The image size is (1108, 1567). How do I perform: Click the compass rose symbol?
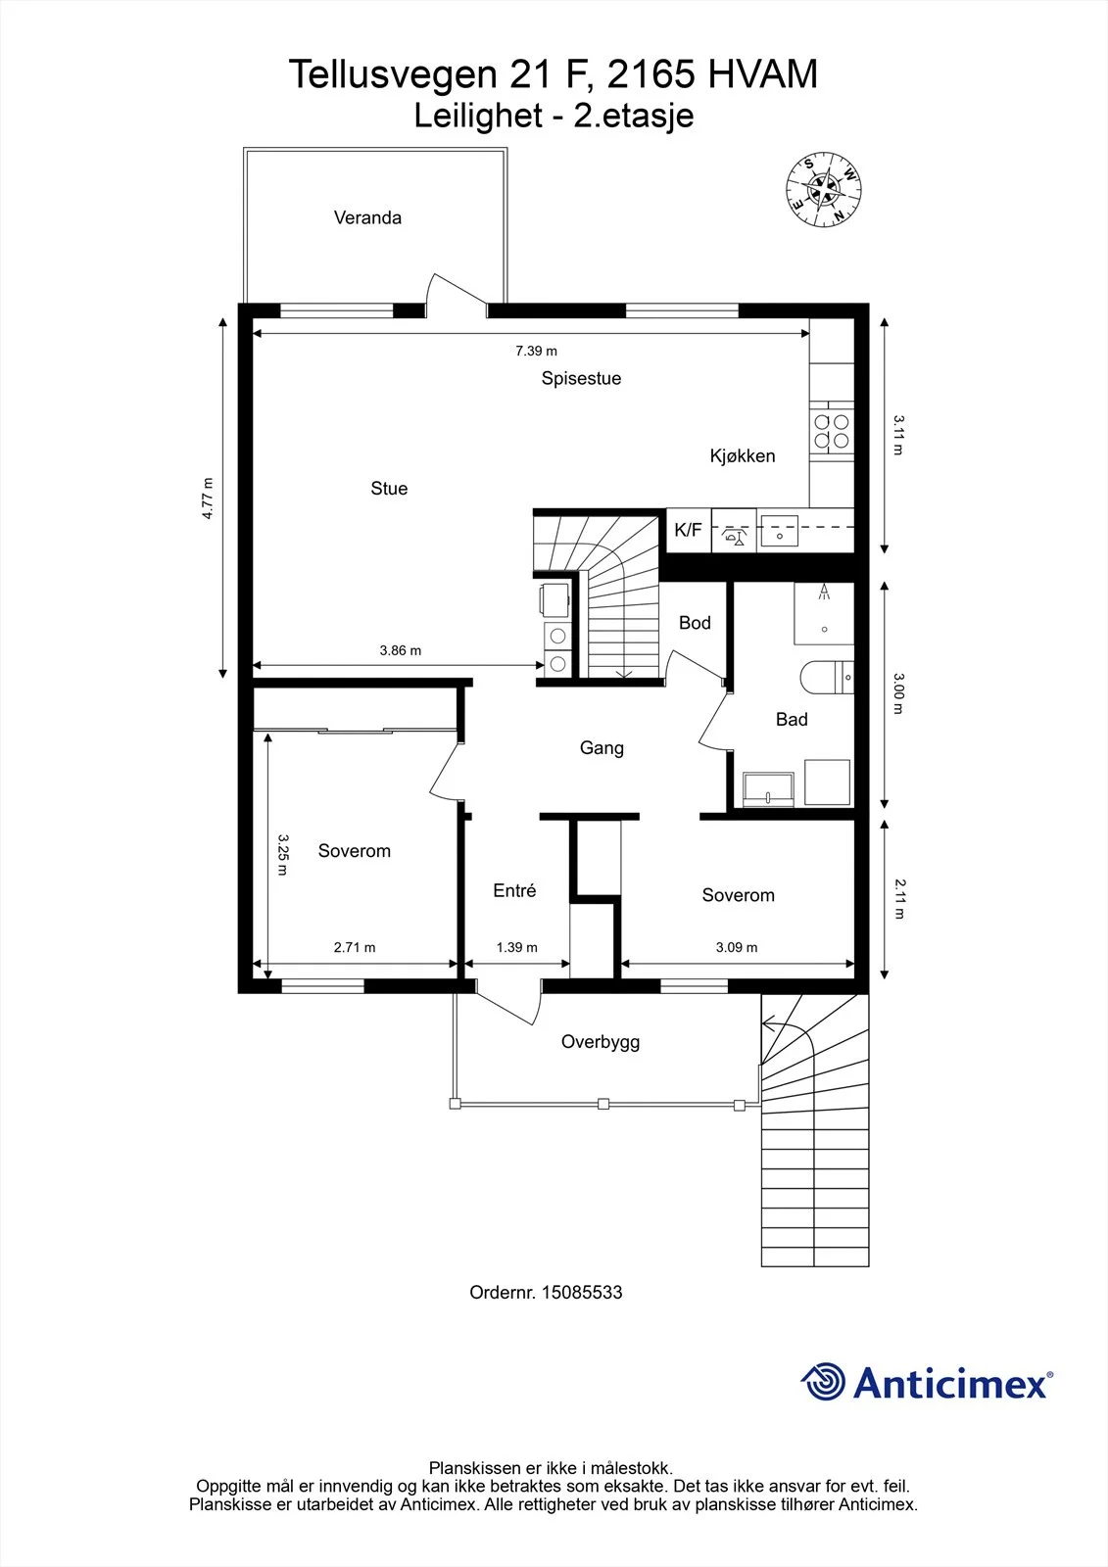point(823,189)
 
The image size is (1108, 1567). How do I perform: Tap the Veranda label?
point(367,217)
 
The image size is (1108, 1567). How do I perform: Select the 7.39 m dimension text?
point(536,351)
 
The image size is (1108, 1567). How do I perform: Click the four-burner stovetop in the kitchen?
point(832,432)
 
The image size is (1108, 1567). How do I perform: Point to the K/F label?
point(688,530)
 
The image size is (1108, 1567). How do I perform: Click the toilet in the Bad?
point(827,677)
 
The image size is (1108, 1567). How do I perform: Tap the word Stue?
point(389,489)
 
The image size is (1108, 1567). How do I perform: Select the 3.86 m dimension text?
point(401,650)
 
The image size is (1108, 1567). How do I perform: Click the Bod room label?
point(695,623)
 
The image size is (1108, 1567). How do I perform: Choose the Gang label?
point(602,748)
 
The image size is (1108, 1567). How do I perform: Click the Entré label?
point(514,890)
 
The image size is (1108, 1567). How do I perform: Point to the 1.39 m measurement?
point(516,947)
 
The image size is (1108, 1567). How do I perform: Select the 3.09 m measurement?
point(737,947)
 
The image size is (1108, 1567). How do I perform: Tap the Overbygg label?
point(601,1042)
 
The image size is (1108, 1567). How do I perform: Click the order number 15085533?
point(582,1292)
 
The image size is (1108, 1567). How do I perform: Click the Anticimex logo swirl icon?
point(823,1382)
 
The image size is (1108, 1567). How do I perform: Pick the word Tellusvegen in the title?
point(393,74)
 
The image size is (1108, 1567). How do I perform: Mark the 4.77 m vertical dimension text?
point(207,499)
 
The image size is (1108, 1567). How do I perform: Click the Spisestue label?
point(581,378)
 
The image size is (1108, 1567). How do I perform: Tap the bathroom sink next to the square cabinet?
point(768,789)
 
